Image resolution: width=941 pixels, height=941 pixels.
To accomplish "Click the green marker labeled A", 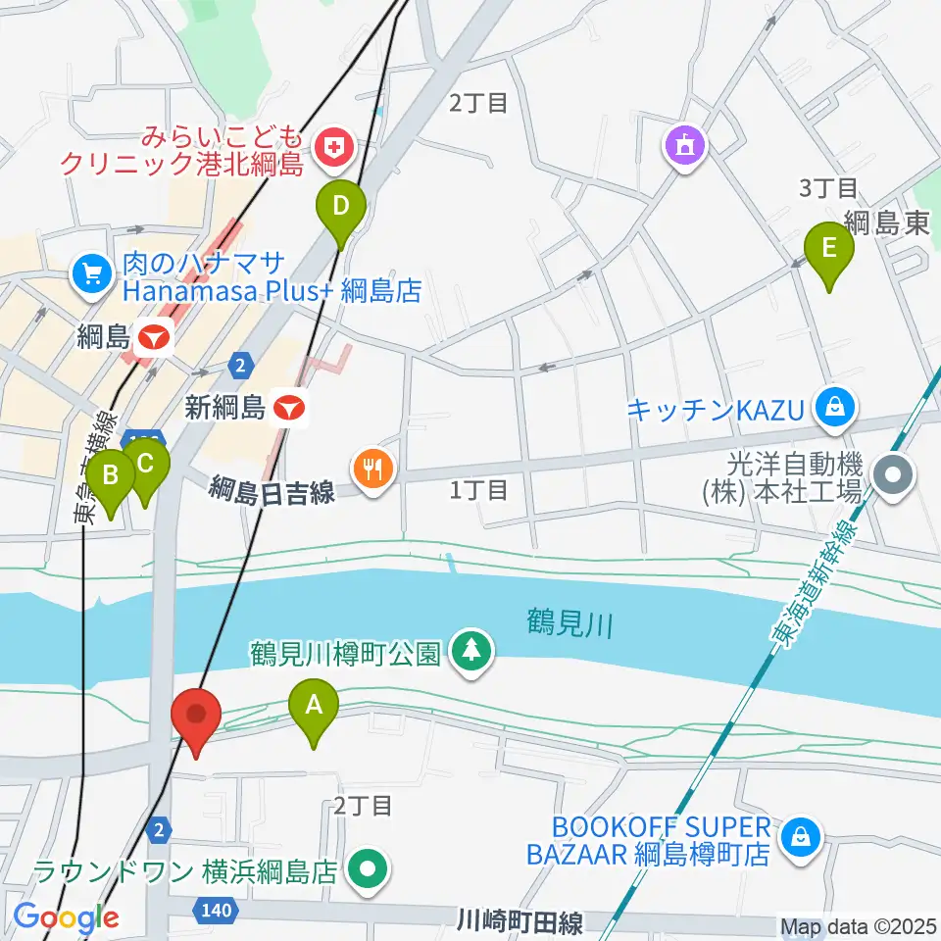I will pos(314,706).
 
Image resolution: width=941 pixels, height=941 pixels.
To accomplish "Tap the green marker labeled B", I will pos(111,476).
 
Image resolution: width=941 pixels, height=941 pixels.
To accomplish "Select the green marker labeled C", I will pos(145,465).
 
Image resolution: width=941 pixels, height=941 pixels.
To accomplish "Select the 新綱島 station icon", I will pos(288,407).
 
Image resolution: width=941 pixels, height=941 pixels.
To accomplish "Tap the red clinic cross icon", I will pos(335,147).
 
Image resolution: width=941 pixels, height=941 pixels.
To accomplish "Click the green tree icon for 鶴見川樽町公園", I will pos(472,651).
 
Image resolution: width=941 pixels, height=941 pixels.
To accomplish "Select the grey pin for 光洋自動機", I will pos(894,477).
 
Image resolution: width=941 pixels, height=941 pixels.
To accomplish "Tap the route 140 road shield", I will pos(218,911).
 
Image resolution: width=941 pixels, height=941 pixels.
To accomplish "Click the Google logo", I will pos(66,917).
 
